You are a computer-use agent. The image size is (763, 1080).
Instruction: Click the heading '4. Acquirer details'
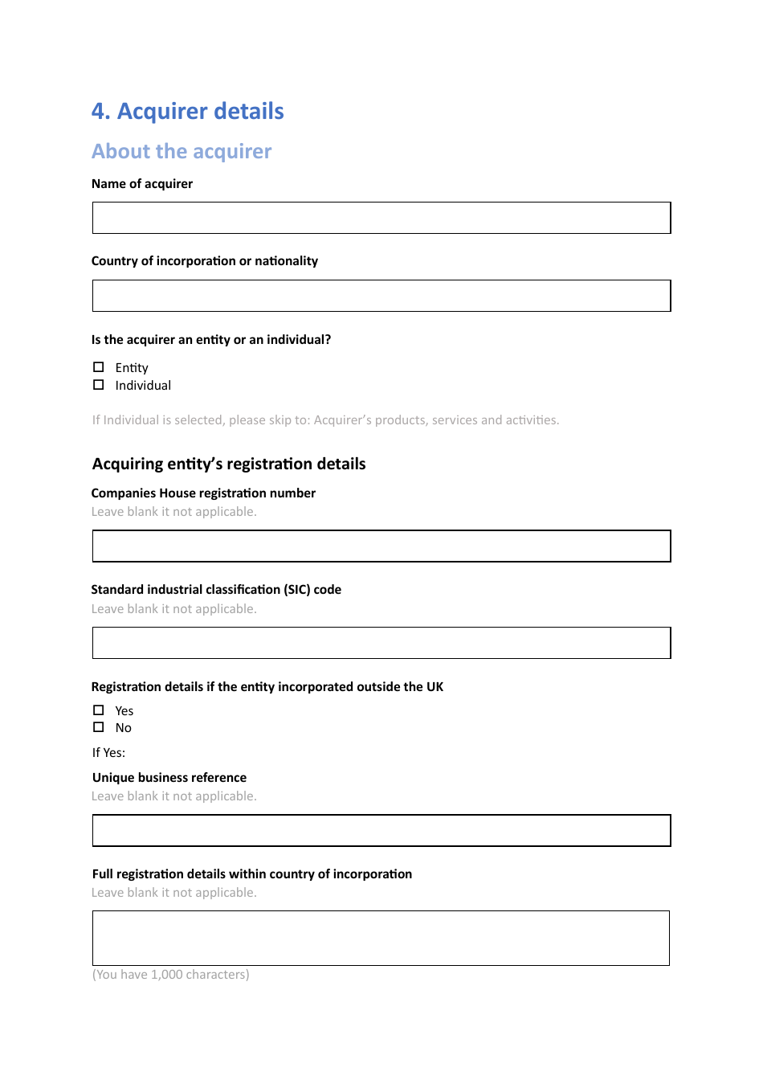click(x=187, y=111)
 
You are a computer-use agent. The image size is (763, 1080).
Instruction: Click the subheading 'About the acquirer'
click(x=182, y=151)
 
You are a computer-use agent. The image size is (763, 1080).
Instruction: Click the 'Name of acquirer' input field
click(x=381, y=218)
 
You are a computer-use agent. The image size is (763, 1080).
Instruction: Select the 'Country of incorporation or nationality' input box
click(x=381, y=296)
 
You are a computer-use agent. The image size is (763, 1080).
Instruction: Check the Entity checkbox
click(x=99, y=367)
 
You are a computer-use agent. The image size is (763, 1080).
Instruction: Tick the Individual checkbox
click(x=99, y=385)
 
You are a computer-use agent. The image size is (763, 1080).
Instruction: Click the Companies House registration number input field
click(x=381, y=546)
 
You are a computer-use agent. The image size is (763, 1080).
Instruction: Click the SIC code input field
click(x=381, y=643)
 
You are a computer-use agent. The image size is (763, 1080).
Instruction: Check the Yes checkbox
click(x=99, y=710)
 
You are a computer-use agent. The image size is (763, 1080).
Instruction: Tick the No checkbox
click(x=99, y=727)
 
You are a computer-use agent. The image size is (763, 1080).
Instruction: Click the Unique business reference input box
click(x=381, y=830)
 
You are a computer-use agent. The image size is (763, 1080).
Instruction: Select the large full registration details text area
click(x=381, y=938)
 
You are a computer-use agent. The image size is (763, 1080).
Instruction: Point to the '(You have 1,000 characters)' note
click(x=170, y=975)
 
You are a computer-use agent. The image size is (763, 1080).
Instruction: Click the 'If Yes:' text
click(x=108, y=753)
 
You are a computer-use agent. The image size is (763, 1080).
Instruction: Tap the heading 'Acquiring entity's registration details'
click(x=229, y=464)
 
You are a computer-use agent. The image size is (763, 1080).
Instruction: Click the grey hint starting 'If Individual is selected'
click(x=325, y=420)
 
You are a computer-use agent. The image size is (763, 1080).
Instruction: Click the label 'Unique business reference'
click(x=169, y=778)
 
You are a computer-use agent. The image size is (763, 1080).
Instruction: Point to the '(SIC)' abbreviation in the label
click(x=296, y=590)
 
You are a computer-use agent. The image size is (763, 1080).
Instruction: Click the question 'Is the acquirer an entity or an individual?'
click(x=211, y=340)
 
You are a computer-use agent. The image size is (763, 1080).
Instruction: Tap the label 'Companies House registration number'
click(x=203, y=493)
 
